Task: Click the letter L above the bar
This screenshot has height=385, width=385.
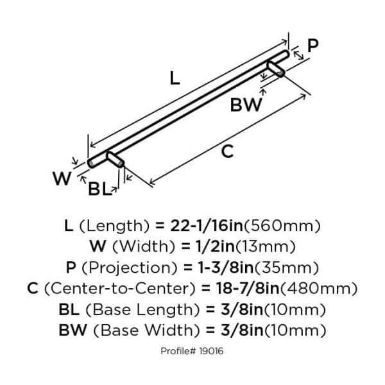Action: click(175, 79)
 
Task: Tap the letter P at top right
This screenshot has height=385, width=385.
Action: click(312, 46)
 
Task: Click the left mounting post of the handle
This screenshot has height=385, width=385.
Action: click(116, 159)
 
